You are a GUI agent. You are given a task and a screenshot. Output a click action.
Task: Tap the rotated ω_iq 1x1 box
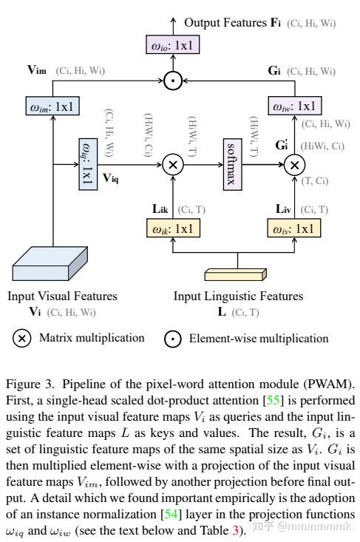tap(88, 163)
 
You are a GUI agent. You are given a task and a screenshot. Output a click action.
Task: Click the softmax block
tap(234, 163)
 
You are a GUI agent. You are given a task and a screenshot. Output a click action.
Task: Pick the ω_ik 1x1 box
tap(173, 228)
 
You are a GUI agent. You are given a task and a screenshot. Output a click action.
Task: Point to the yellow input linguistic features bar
tap(238, 275)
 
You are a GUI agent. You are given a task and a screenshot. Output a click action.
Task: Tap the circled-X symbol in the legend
tap(22, 338)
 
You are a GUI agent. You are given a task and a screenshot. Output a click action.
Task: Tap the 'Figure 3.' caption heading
tap(25, 386)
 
